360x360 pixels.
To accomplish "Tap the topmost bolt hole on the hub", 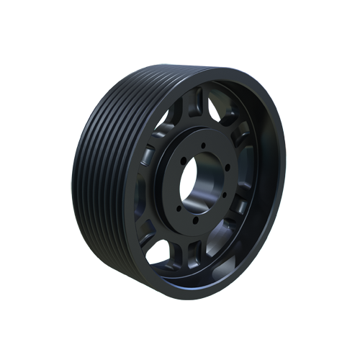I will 204,146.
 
